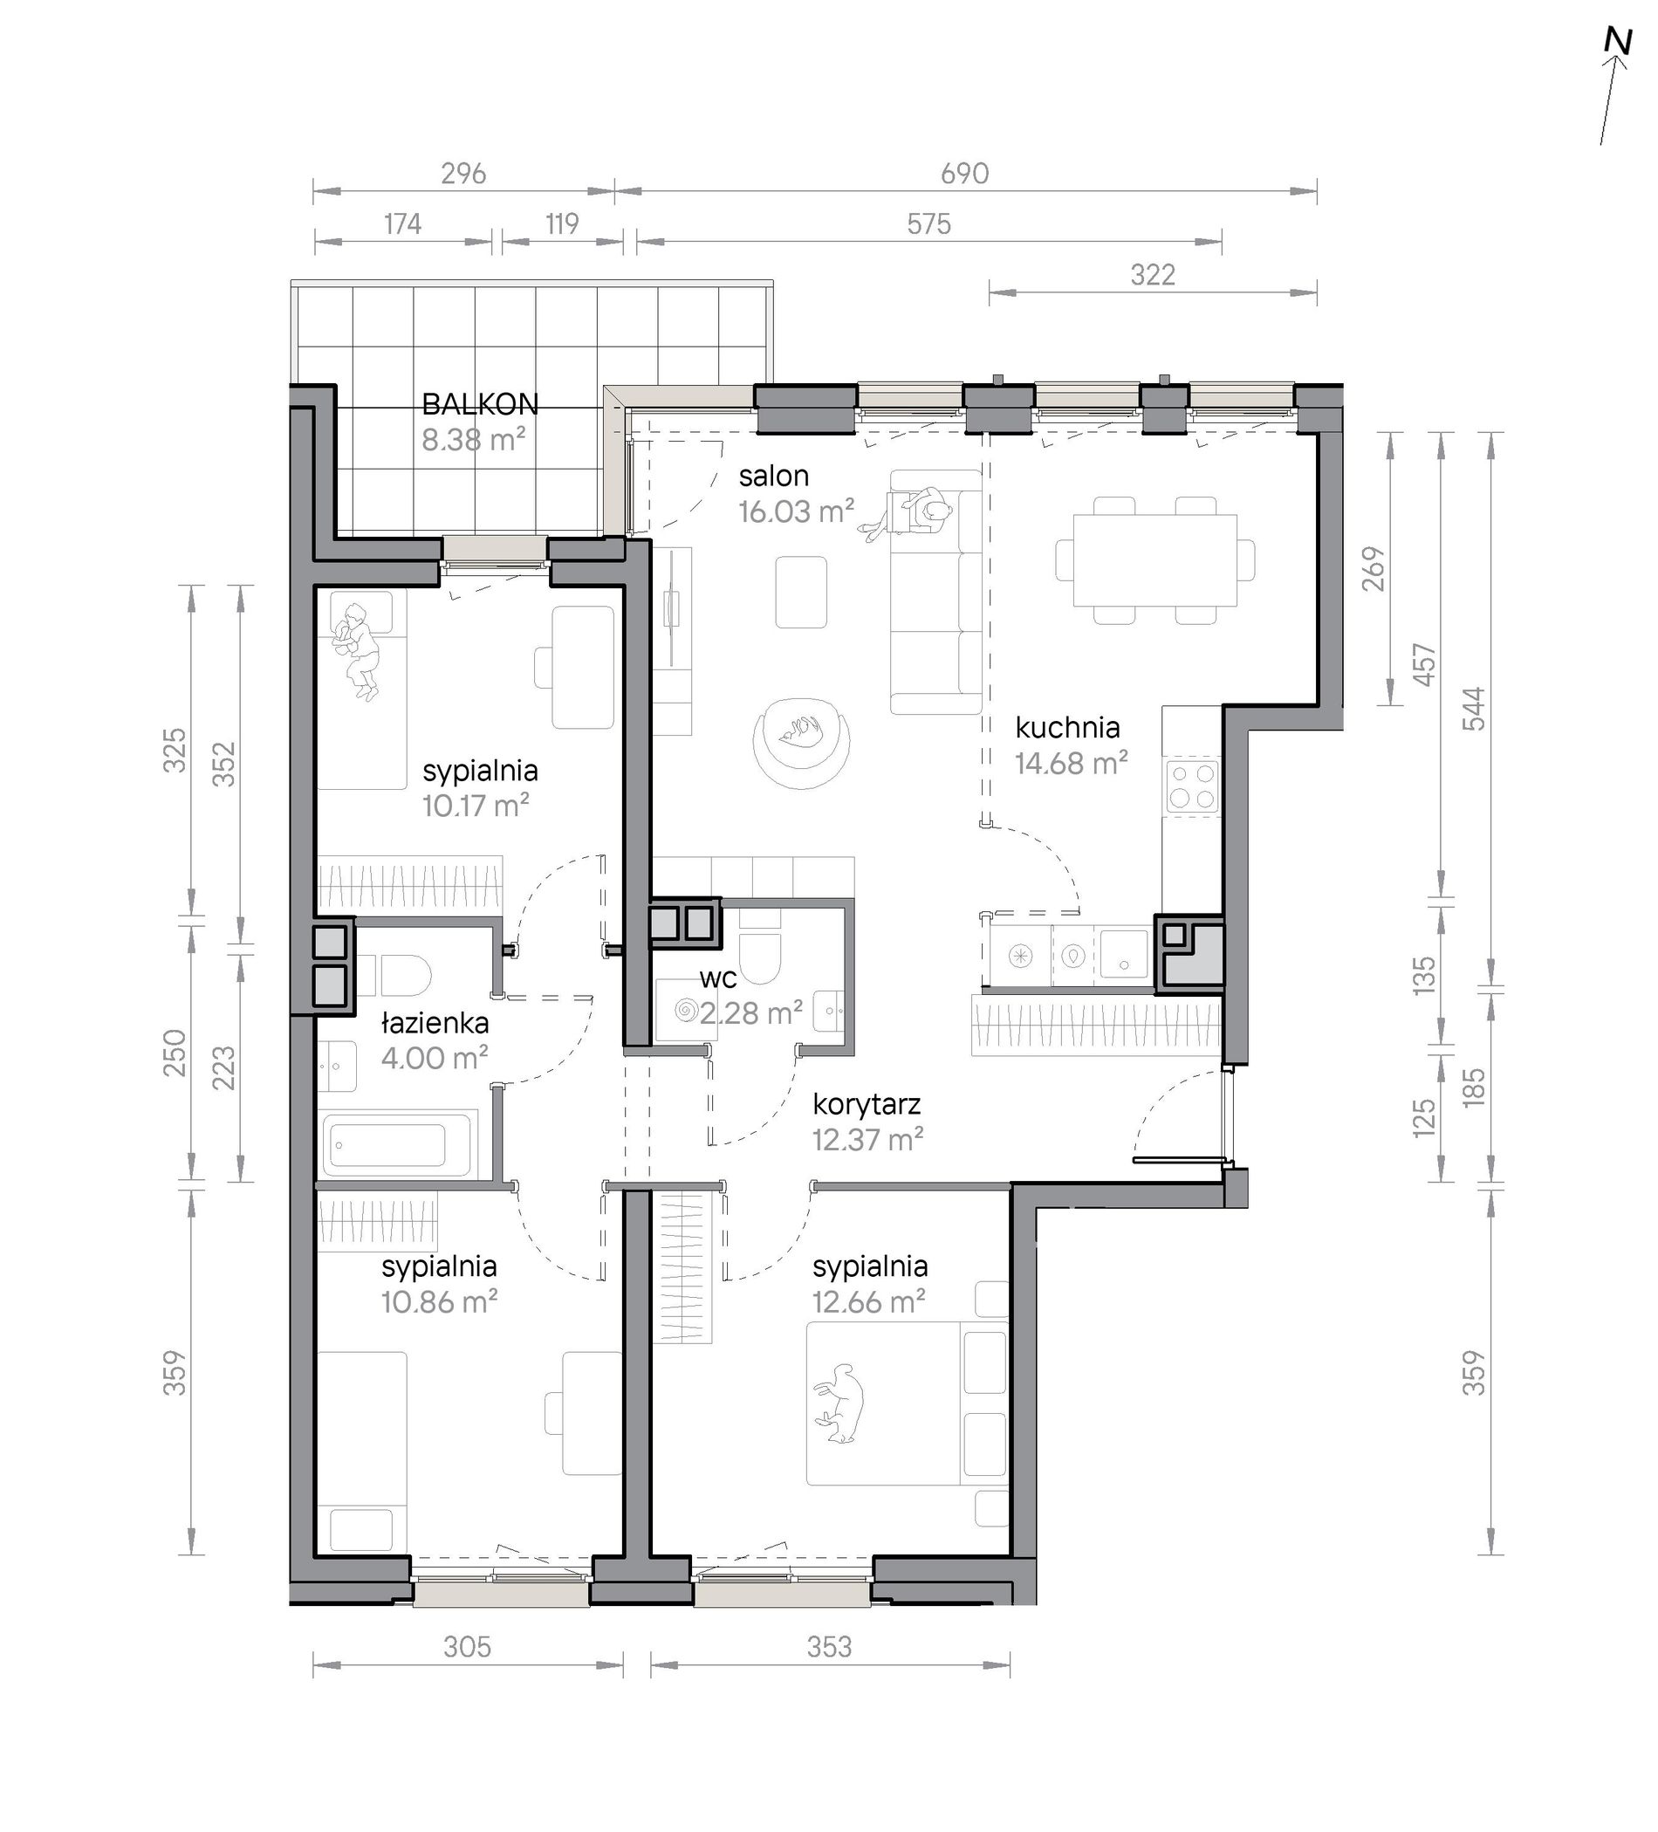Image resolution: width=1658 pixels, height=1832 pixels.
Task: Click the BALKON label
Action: (x=480, y=404)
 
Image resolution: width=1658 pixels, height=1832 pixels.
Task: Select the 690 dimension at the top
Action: (x=964, y=173)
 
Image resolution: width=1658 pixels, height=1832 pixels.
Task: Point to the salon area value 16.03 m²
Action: (x=796, y=511)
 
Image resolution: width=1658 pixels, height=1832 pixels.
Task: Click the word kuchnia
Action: (x=1067, y=727)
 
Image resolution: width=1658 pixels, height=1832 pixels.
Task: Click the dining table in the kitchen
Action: (x=1154, y=560)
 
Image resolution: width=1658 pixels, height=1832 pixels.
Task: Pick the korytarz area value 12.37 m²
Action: (x=867, y=1140)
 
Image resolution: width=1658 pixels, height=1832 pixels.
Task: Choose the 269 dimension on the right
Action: (x=1374, y=569)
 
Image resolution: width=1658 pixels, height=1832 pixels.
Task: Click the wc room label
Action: (x=717, y=978)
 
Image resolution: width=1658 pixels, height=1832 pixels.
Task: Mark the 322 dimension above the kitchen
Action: (x=1153, y=274)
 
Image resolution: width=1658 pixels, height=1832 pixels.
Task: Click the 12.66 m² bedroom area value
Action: (x=868, y=1302)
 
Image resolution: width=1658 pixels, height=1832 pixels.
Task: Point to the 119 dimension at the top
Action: (x=561, y=223)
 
